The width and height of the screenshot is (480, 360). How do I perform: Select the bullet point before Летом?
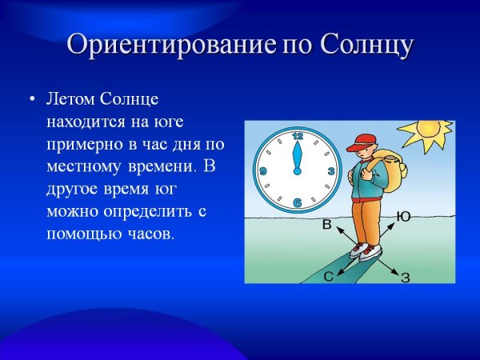[31, 99]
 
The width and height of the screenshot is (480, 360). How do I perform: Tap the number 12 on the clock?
[298, 136]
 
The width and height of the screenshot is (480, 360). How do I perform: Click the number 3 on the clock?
[330, 171]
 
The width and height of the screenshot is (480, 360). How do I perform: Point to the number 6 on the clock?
[298, 204]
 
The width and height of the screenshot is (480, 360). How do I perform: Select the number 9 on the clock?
[263, 171]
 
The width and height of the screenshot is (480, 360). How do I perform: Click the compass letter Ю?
[404, 216]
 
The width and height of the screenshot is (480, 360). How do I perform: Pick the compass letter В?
[326, 226]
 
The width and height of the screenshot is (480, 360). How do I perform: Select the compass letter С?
[328, 276]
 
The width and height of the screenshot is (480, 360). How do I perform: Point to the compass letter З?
[406, 278]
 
